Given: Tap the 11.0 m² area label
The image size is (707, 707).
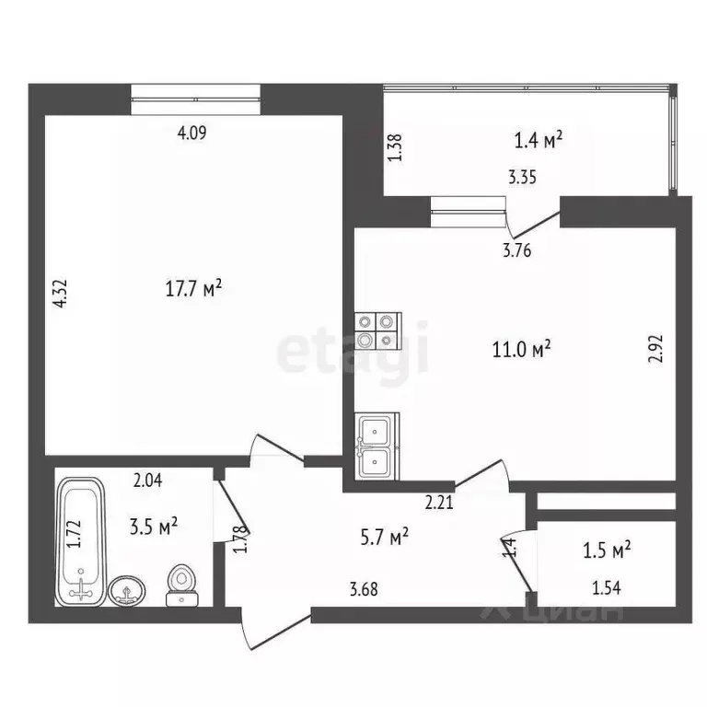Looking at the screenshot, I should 522,349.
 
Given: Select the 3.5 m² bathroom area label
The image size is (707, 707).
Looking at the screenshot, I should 154,527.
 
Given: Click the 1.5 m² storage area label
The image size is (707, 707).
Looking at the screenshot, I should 608,551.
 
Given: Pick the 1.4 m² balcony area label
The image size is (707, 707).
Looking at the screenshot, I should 538,141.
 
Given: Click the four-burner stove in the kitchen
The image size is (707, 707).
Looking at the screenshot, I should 378,330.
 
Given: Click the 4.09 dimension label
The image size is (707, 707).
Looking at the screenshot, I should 191,133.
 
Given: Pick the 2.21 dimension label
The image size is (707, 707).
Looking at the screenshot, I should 440,503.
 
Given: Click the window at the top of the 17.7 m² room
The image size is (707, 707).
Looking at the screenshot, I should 196,99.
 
